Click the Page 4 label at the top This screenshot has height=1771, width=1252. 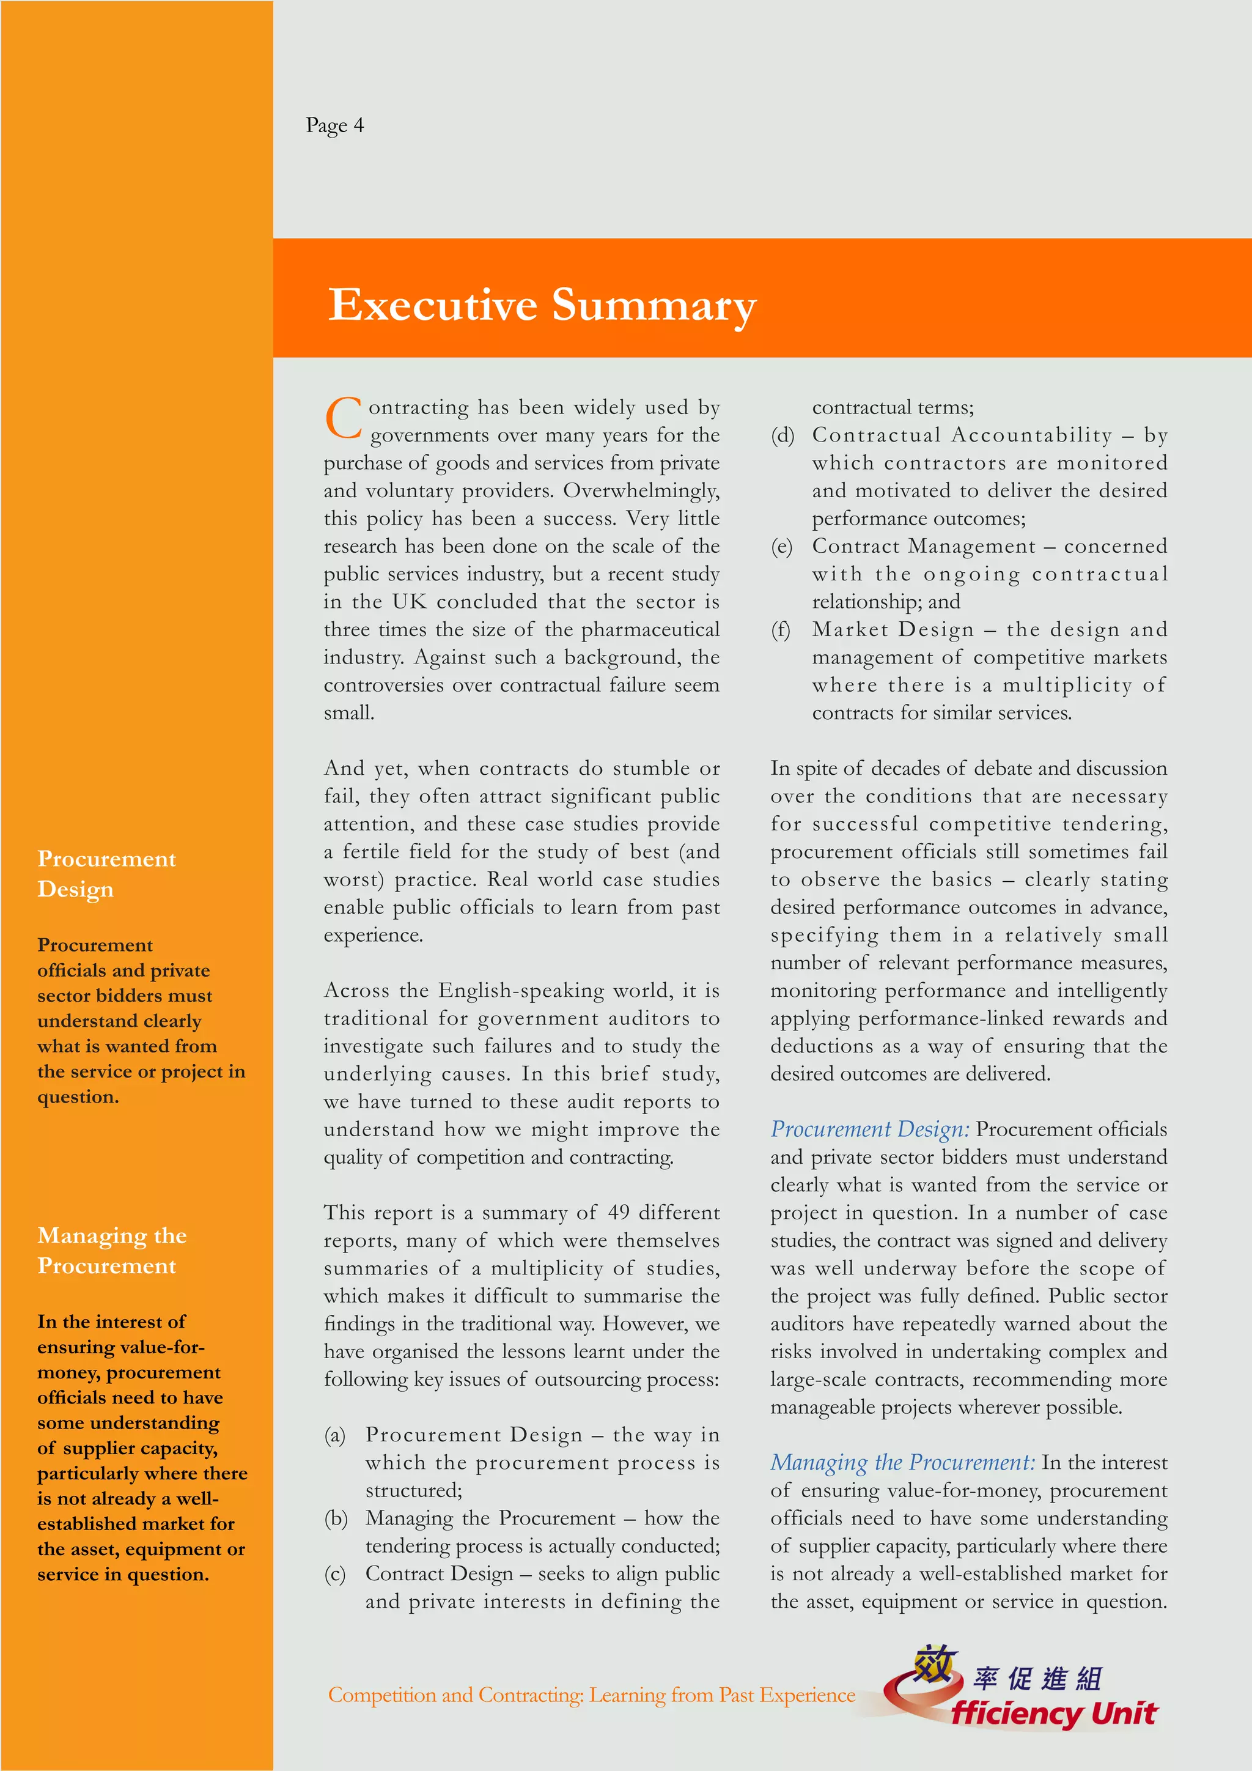334,125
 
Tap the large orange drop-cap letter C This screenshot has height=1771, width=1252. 343,419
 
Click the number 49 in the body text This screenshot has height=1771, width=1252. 618,1212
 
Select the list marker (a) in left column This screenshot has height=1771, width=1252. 334,1435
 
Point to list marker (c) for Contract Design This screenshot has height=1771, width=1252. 334,1573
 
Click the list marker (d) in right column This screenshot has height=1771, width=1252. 782,435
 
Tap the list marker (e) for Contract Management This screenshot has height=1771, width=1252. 782,546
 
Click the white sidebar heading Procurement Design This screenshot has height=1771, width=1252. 106,873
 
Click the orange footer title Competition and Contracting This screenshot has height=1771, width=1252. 591,1695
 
